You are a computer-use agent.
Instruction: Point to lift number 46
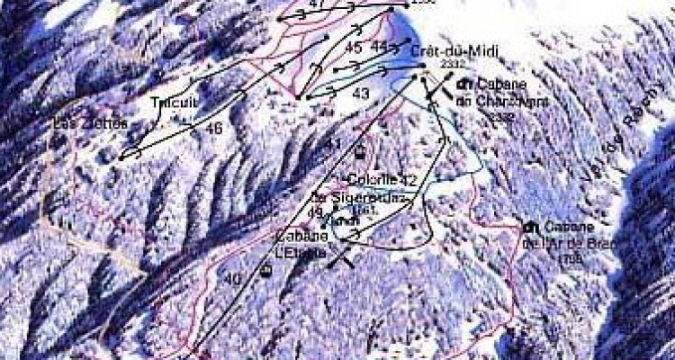click(x=213, y=129)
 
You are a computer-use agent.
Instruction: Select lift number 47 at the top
click(x=315, y=4)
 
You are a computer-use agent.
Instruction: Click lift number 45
click(x=353, y=47)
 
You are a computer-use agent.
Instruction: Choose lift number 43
click(x=361, y=93)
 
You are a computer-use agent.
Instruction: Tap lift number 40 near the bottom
click(x=234, y=279)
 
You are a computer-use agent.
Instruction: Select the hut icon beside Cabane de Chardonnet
click(x=464, y=84)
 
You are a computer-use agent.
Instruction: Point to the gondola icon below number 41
click(x=360, y=151)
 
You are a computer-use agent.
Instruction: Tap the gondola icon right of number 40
click(x=265, y=270)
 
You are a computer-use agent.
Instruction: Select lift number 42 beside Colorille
click(x=409, y=180)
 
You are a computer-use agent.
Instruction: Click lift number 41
click(x=334, y=144)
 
